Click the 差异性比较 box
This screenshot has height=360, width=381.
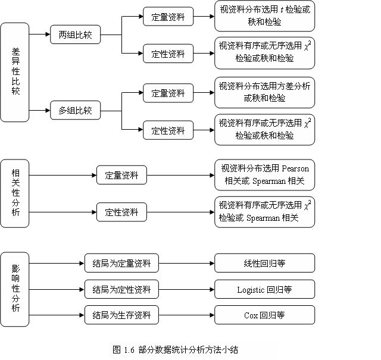(15, 72)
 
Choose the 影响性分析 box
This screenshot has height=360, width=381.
(15, 289)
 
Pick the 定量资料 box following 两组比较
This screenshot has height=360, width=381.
(168, 17)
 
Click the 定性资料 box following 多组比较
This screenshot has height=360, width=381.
(168, 130)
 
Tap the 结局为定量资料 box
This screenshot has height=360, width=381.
(121, 262)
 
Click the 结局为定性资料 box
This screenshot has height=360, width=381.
(121, 290)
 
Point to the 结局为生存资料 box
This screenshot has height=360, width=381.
(121, 315)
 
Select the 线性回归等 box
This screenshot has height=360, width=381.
(264, 262)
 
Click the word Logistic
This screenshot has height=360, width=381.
(251, 290)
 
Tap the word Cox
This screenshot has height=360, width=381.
(251, 315)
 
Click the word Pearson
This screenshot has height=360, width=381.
(295, 168)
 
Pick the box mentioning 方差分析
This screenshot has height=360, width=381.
(264, 92)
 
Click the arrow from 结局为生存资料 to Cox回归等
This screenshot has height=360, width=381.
(186, 315)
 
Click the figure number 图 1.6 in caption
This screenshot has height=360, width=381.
(124, 349)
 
